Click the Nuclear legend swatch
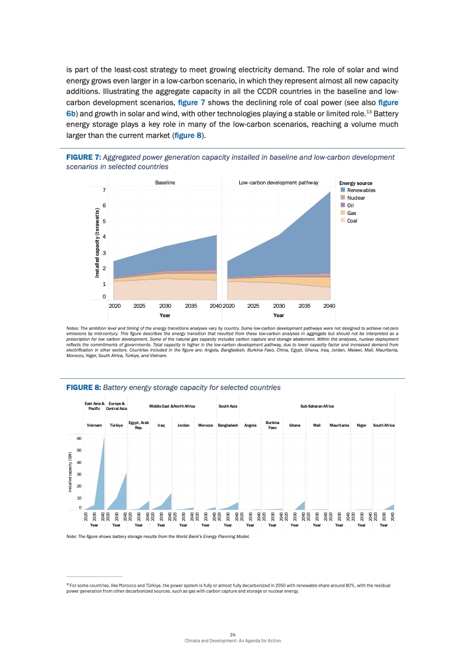pos(343,198)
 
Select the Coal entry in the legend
pos(352,221)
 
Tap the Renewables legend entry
pos(361,190)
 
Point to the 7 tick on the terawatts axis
pos(103,190)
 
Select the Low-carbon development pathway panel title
pos(279,183)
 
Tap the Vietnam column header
pos(94,425)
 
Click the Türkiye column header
pos(116,425)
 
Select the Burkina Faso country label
pos(272,425)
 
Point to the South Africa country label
pos(383,425)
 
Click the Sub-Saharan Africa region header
pos(317,406)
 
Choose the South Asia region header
pos(228,406)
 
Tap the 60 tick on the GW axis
pos(79,438)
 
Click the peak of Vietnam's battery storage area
pos(104,438)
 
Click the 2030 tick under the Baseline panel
pos(165,306)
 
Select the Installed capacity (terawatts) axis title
pos(98,243)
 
